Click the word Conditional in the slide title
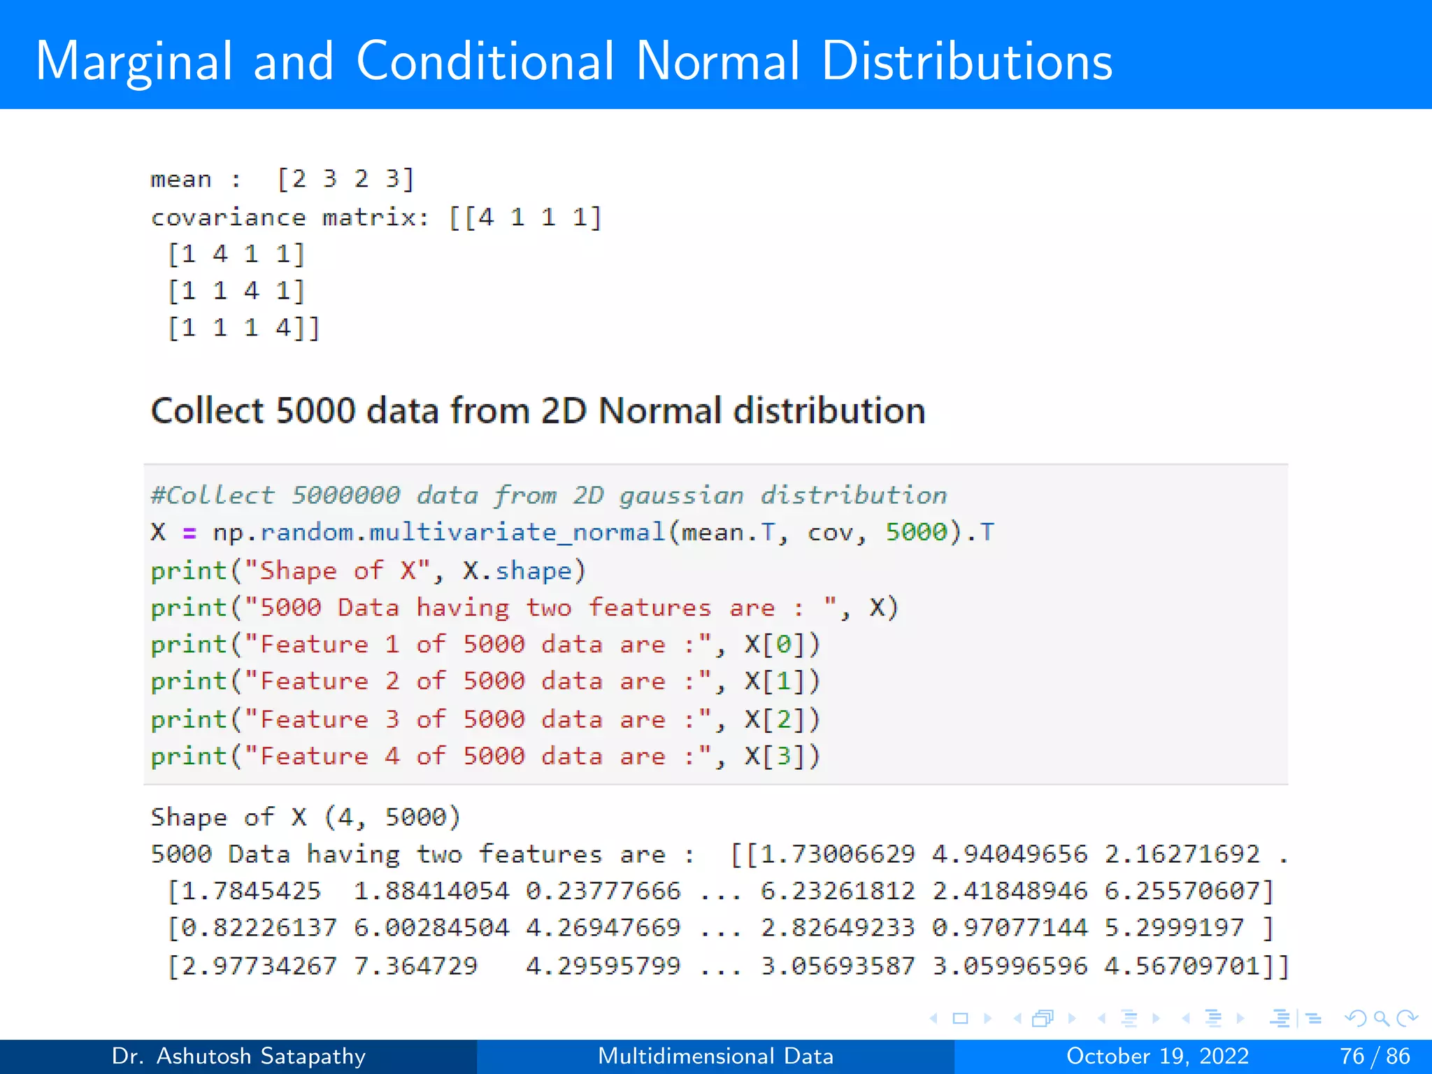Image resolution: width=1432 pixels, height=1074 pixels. coord(485,62)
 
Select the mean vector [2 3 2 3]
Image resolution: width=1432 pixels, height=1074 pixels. coord(345,179)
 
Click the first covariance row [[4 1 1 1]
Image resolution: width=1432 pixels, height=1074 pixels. coord(524,217)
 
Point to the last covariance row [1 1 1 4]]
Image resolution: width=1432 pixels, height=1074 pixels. coord(243,327)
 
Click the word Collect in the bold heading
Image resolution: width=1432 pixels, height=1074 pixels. coord(207,410)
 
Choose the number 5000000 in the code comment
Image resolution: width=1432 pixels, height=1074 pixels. coord(345,495)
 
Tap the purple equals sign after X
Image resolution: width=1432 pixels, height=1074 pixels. coord(189,533)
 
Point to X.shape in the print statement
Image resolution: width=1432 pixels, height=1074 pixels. coord(517,571)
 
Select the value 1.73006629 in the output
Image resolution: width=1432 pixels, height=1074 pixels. coord(837,854)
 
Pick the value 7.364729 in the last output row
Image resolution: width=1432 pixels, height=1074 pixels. coord(415,966)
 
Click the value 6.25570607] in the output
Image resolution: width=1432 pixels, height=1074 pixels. coord(1189,891)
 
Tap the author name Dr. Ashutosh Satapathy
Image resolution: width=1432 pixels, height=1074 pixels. coord(238,1056)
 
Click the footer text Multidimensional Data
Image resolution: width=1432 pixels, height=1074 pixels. coord(715,1056)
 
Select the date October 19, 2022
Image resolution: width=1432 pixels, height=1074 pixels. coord(1157,1056)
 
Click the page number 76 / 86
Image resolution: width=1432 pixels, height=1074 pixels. coord(1374,1056)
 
